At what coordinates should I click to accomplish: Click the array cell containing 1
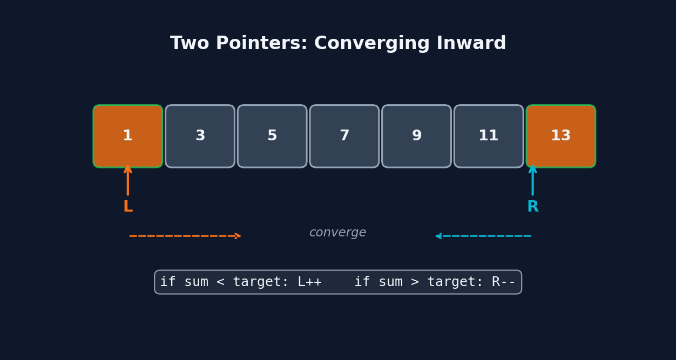(128, 136)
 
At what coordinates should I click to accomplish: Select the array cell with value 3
(200, 136)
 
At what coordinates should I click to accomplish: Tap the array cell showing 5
(272, 136)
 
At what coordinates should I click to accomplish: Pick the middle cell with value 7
(344, 136)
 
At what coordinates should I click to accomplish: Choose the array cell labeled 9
(417, 136)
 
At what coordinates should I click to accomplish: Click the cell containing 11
(489, 136)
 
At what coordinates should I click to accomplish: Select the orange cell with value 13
(561, 136)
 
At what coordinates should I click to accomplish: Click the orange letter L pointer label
(128, 207)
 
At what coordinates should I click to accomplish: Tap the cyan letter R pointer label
(532, 207)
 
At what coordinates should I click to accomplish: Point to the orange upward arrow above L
(128, 180)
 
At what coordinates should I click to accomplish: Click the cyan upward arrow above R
(532, 180)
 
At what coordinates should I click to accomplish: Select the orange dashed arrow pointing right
(185, 236)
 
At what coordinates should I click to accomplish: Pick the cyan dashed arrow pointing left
(483, 236)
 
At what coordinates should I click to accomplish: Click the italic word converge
(338, 233)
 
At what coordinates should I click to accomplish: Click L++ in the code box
(309, 282)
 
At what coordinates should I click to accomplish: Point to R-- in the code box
(503, 282)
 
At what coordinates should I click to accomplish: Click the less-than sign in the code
(220, 282)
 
